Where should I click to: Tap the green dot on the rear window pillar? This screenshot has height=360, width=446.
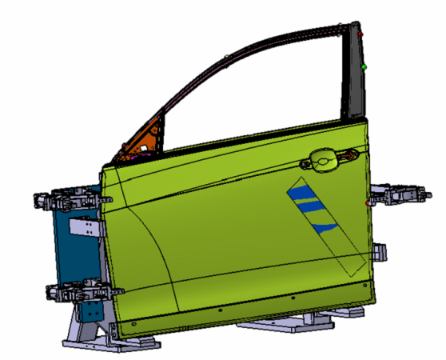[364, 66]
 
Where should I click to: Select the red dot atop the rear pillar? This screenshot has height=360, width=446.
[360, 34]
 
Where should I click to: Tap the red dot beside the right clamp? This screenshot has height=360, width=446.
[368, 203]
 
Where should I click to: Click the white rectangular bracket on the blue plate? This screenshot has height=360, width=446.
[82, 228]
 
